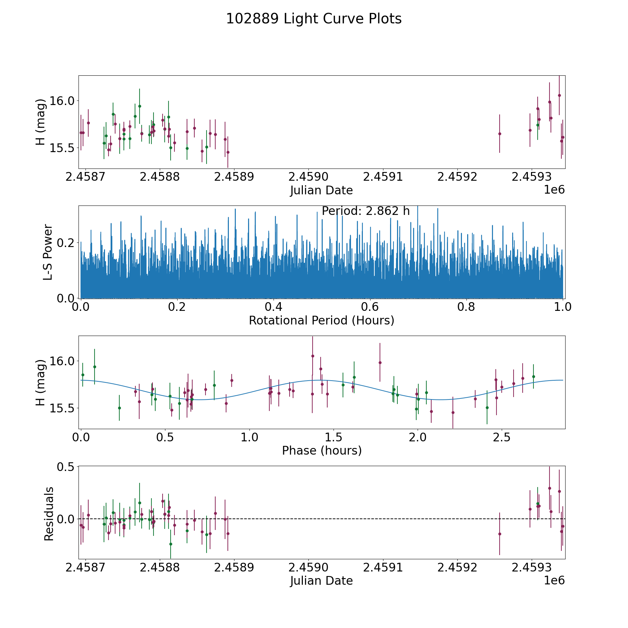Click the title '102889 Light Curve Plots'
(x=314, y=19)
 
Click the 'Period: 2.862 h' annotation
(x=365, y=211)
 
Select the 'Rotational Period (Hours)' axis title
(x=321, y=320)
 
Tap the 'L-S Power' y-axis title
(x=48, y=252)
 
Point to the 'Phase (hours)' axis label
(x=321, y=450)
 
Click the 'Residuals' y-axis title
(x=49, y=514)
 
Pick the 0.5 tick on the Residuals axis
(x=67, y=466)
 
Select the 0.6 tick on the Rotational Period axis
(x=370, y=307)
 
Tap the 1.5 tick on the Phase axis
(x=334, y=437)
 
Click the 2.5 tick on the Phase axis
(x=502, y=437)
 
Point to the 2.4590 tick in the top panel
(x=308, y=177)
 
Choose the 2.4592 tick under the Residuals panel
(x=457, y=567)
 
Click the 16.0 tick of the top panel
(x=60, y=101)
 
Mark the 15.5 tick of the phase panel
(x=60, y=408)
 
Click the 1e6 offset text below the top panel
(x=554, y=190)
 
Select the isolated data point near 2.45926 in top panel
(x=500, y=134)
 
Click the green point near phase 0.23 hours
(x=119, y=408)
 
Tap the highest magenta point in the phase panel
(x=313, y=356)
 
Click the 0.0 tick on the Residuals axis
(x=67, y=519)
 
